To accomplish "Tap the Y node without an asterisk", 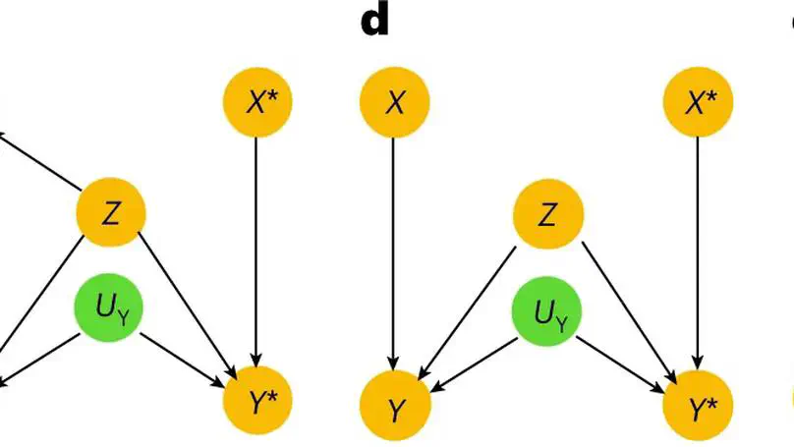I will (394, 408).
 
